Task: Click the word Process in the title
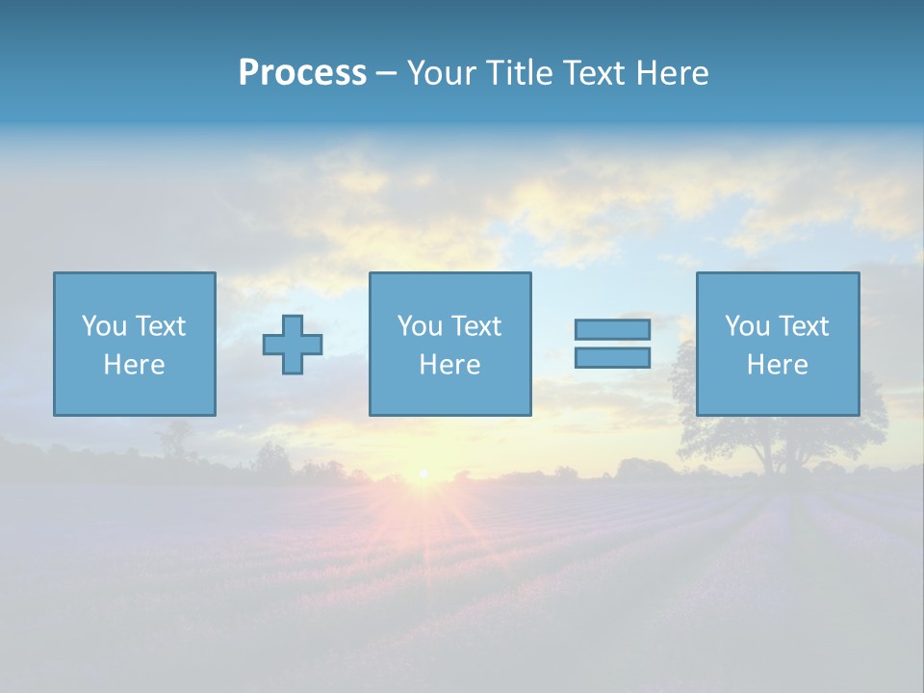tap(302, 72)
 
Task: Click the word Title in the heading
tap(520, 72)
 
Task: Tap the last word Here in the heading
tap(674, 72)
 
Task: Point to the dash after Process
tap(386, 74)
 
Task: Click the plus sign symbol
tap(293, 344)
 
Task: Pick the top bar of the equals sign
tap(612, 330)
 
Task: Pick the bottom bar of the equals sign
tap(612, 357)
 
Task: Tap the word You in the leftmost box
tap(104, 326)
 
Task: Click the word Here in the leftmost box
tap(134, 365)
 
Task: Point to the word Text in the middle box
tap(476, 326)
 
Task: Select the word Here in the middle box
tap(449, 365)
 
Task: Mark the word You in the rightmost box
tap(747, 326)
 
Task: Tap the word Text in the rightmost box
tap(804, 326)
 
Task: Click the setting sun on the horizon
tap(423, 474)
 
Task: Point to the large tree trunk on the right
tap(770, 457)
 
